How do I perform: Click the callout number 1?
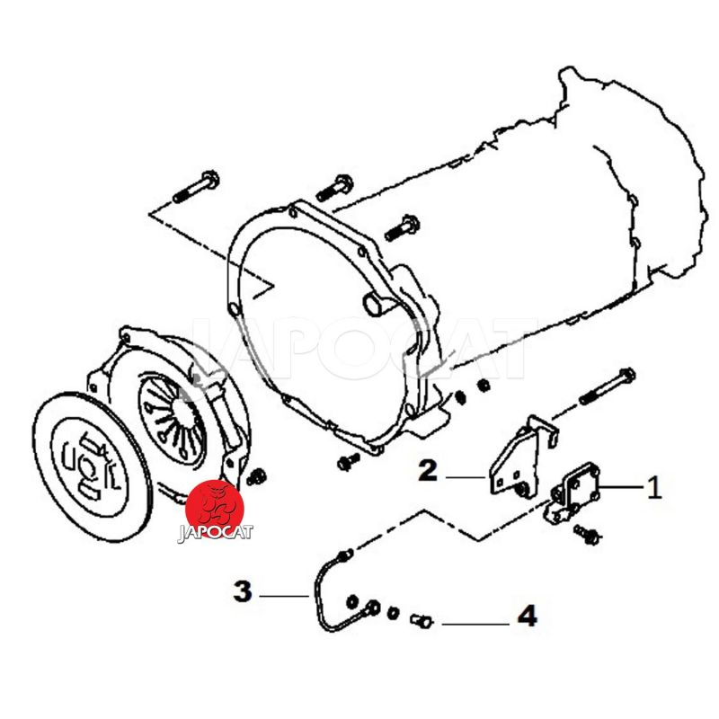654,488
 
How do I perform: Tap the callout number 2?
428,470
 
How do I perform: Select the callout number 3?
242,592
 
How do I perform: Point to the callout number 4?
526,617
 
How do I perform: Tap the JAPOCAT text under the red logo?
216,532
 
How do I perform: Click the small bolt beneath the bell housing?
347,462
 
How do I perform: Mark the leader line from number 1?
620,488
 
